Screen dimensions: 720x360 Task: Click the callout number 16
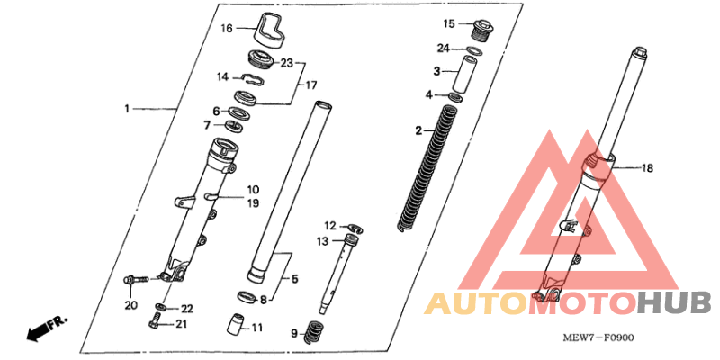pos(227,29)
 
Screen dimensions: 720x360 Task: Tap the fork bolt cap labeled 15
pos(481,30)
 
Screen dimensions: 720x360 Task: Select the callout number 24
pos(443,48)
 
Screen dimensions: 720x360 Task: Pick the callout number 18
pos(647,169)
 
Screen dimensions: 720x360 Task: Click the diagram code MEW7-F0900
pos(598,338)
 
